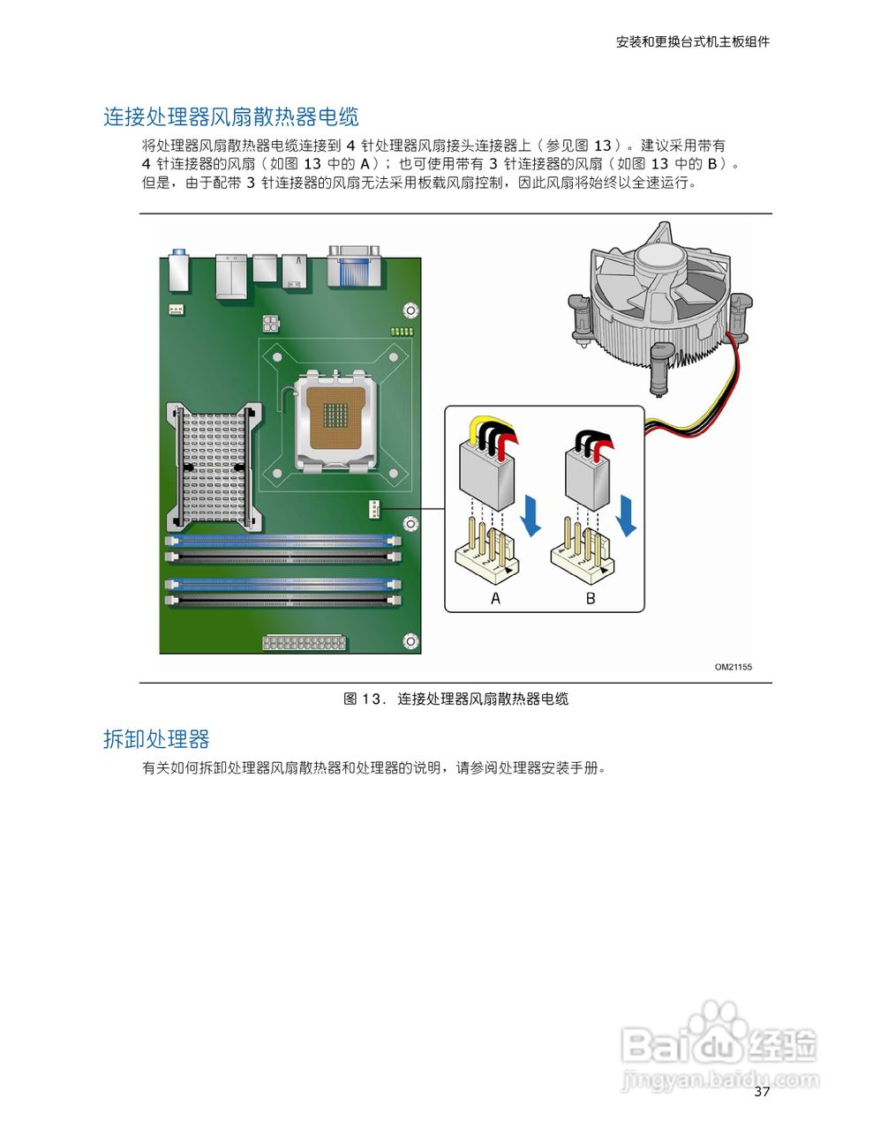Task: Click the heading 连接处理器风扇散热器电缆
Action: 230,117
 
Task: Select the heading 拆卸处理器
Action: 156,739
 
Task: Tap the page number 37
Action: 762,1092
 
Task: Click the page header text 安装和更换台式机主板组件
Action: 692,41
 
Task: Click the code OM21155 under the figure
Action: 733,668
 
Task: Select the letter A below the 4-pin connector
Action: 495,598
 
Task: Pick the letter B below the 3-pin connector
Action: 591,598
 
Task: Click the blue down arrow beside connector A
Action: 530,516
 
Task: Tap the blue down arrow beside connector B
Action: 626,516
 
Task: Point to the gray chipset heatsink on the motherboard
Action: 213,464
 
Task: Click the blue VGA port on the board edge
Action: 353,267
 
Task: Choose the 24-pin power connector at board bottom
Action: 303,642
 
